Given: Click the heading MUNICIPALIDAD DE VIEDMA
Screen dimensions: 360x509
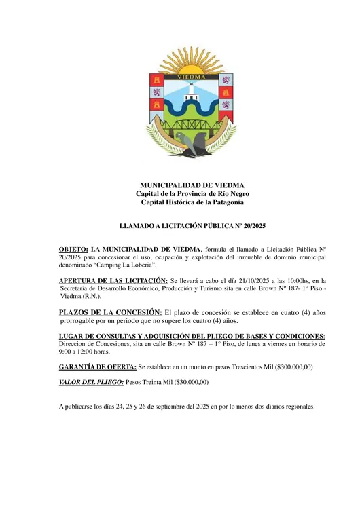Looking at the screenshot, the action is [x=192, y=185].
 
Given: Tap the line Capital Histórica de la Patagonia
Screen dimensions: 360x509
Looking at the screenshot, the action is [x=192, y=202].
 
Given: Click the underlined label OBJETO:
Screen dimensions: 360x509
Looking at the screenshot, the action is [x=73, y=249].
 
